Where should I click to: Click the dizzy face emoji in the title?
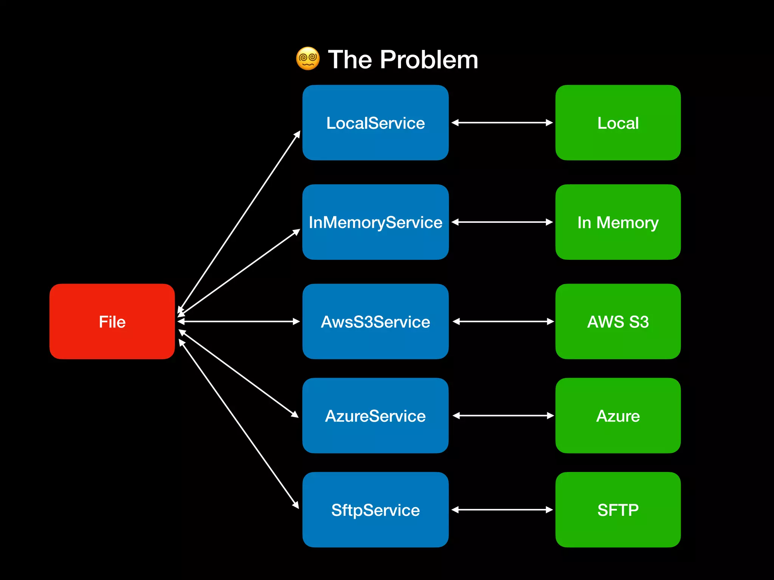(x=308, y=59)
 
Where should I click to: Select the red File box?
(x=112, y=321)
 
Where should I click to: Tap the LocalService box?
(x=375, y=123)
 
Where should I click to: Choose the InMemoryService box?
(x=375, y=222)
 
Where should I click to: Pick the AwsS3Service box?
(x=375, y=321)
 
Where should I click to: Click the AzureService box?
(x=375, y=415)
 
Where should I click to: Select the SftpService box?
(x=375, y=510)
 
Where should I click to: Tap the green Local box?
(x=618, y=123)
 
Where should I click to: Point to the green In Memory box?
(x=618, y=222)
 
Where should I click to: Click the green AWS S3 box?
(x=618, y=321)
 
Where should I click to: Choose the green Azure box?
(x=618, y=415)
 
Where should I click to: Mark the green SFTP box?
(x=618, y=510)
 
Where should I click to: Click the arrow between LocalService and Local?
(x=502, y=123)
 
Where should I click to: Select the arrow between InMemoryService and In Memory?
(x=502, y=222)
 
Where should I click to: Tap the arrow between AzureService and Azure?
(x=503, y=415)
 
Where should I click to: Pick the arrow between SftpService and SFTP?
(x=502, y=510)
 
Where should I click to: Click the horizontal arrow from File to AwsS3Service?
(x=238, y=321)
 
